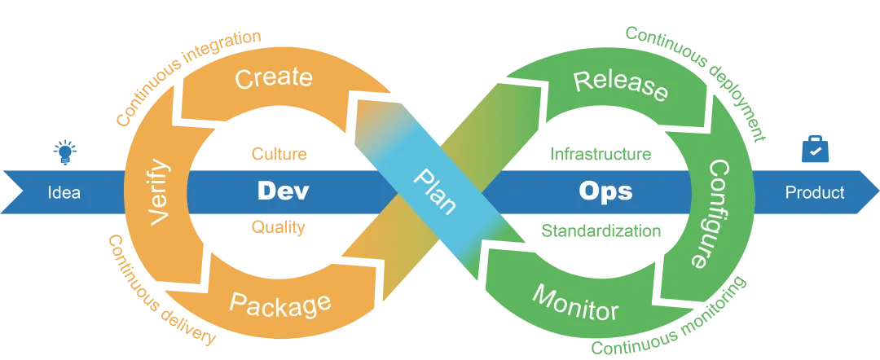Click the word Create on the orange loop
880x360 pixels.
274,78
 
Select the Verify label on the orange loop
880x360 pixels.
160,193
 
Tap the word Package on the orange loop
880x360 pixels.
280,305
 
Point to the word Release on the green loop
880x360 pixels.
621,86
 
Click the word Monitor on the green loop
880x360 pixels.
575,302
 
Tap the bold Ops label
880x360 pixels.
605,191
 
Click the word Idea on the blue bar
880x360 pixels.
64,193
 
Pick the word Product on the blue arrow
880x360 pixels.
815,193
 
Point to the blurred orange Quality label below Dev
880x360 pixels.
279,229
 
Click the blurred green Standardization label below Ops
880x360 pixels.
602,230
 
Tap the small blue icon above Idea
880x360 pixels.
64,150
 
